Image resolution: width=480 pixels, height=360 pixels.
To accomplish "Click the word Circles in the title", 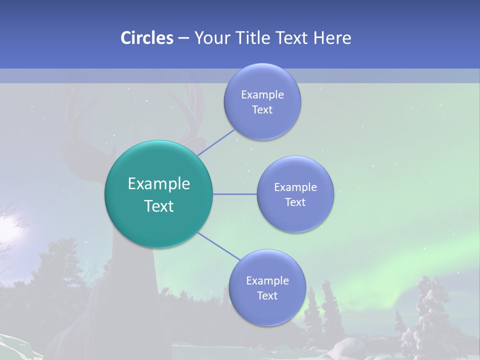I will pos(146,38).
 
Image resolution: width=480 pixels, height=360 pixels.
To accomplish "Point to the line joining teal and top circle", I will pos(216,142).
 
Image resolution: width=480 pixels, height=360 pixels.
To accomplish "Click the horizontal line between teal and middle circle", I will pos(234,194).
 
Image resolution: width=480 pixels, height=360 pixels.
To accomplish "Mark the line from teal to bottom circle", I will pos(218,246).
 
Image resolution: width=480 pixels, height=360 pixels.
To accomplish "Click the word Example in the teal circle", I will pos(158,184).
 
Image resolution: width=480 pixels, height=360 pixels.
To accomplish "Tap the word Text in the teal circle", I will pos(158,206).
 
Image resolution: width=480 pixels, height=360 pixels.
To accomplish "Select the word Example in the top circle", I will pos(262,95).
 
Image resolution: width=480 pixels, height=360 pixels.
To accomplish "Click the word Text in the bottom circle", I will pos(267,295).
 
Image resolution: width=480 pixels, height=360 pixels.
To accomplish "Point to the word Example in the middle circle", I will pos(295,187).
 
